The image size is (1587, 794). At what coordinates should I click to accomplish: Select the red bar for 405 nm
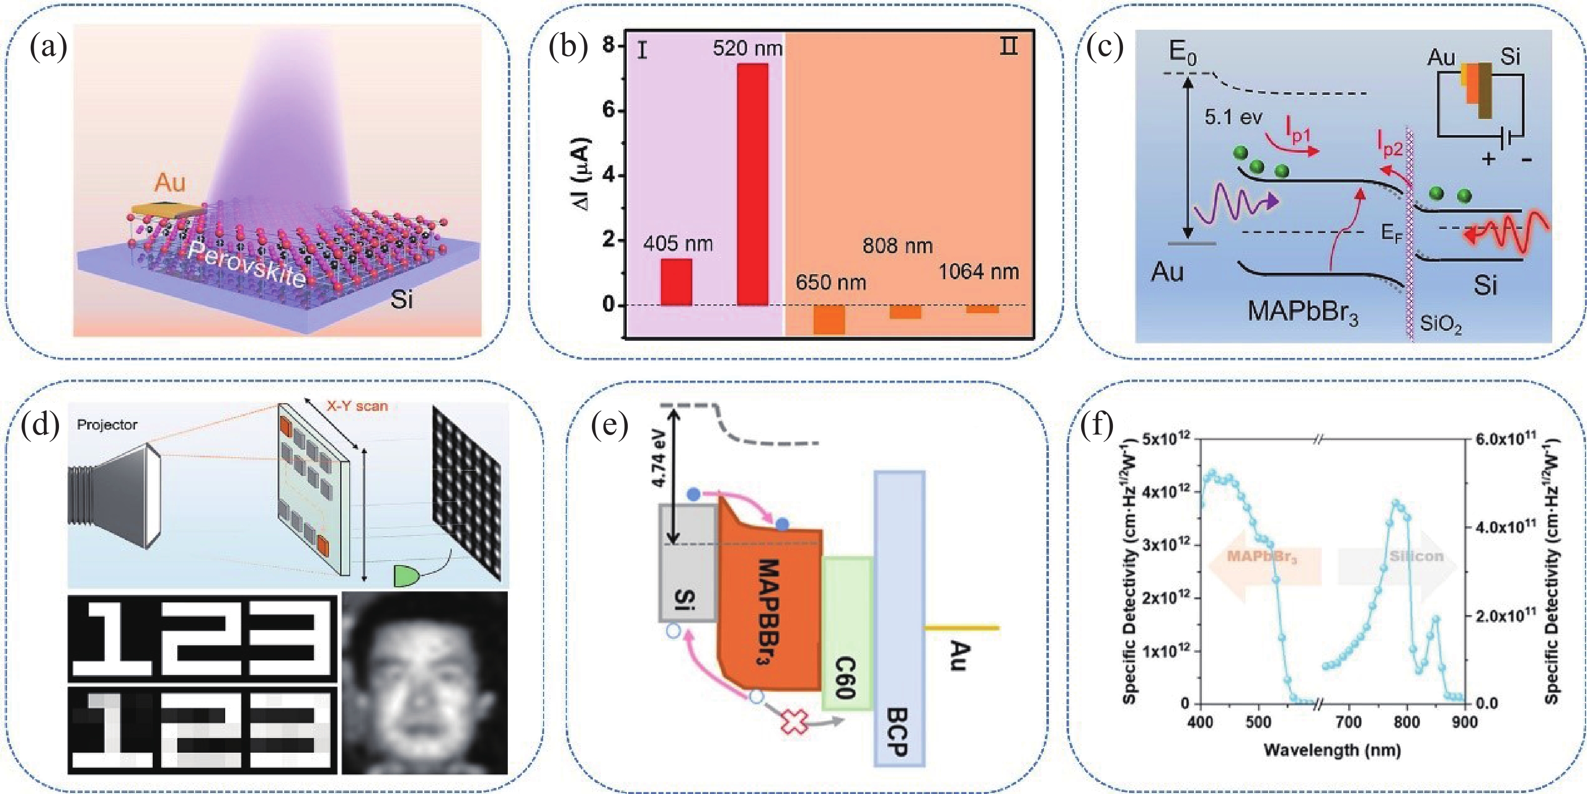point(677,282)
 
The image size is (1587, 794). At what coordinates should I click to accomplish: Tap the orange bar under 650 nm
point(829,319)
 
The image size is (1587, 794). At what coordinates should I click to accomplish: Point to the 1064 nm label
point(978,272)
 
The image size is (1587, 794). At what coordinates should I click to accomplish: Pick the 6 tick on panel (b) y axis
point(608,110)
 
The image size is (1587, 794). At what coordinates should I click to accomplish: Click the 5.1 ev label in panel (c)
point(1233,117)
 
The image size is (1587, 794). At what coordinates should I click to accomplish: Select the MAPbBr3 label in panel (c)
point(1302,312)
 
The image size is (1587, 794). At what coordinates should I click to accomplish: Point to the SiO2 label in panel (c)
point(1440,324)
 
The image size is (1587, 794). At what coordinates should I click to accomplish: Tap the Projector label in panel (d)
point(107,425)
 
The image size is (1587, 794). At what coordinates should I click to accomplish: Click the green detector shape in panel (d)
point(407,576)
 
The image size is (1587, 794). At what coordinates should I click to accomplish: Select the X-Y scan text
point(357,406)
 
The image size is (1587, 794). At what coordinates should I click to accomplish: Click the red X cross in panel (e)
point(795,722)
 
